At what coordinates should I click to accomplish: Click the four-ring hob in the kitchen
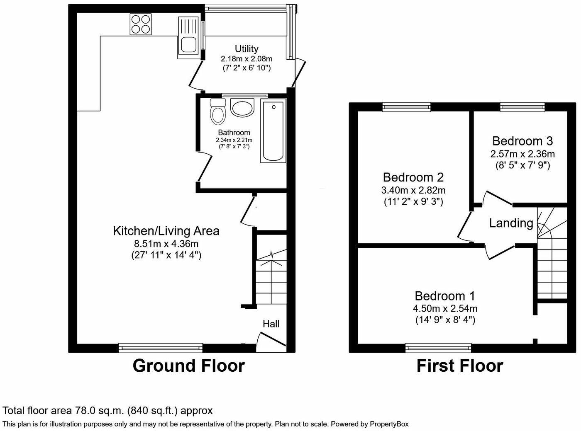(140, 24)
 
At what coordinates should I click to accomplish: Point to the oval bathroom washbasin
(242, 108)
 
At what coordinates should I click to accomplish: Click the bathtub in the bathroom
(273, 131)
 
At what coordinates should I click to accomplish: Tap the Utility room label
(247, 49)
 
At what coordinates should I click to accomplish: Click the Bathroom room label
(234, 133)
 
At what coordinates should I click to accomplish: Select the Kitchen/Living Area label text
(166, 231)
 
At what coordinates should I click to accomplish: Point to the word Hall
(271, 324)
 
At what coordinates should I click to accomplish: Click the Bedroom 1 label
(445, 296)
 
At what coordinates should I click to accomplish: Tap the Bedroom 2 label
(413, 177)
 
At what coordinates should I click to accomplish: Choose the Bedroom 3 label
(522, 141)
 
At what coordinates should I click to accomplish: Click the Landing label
(511, 223)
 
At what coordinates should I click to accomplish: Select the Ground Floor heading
(189, 366)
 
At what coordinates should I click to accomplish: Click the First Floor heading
(460, 366)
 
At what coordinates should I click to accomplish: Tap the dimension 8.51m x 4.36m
(166, 243)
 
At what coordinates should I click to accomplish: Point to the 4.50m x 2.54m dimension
(445, 308)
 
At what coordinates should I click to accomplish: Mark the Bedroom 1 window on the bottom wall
(438, 348)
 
